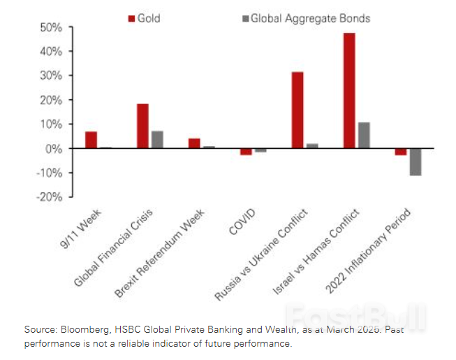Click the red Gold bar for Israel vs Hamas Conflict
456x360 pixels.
click(349, 90)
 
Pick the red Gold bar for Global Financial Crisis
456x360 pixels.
click(142, 126)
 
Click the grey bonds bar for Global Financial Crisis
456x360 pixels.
click(157, 140)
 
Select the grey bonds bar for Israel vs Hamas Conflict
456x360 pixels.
click(364, 135)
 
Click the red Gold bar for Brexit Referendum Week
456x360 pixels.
click(194, 143)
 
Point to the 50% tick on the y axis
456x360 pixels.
click(52, 27)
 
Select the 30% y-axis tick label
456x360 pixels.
click(52, 75)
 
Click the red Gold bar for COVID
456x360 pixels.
click(246, 151)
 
